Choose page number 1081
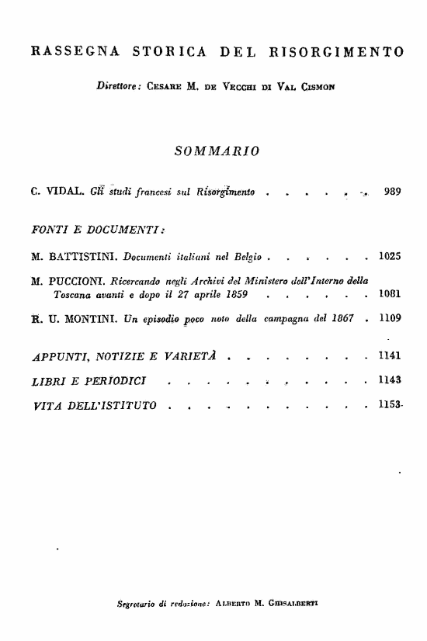coord(389,295)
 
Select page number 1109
coord(389,319)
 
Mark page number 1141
coord(389,357)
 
